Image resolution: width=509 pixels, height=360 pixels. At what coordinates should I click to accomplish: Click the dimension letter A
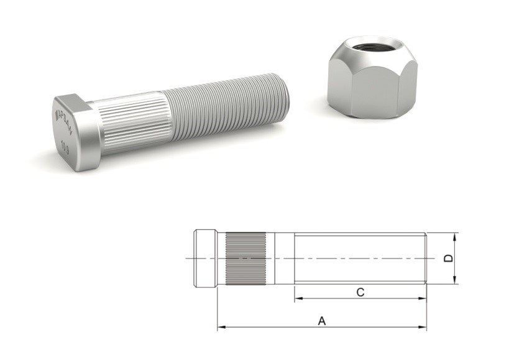tap(321, 321)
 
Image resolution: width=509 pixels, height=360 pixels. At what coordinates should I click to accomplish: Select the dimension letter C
tap(360, 292)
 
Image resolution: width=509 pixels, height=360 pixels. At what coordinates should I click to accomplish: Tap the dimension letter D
tap(448, 258)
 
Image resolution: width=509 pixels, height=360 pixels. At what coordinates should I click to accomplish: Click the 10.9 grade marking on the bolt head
tap(65, 145)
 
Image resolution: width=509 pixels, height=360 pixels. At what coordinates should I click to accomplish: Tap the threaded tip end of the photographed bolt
tap(287, 93)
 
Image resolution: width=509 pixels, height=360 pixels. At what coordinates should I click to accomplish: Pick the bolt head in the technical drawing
tap(205, 258)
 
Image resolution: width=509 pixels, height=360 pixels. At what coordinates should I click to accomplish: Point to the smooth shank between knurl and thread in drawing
tap(283, 258)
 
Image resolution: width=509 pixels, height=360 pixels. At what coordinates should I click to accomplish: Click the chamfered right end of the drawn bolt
tap(426, 258)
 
